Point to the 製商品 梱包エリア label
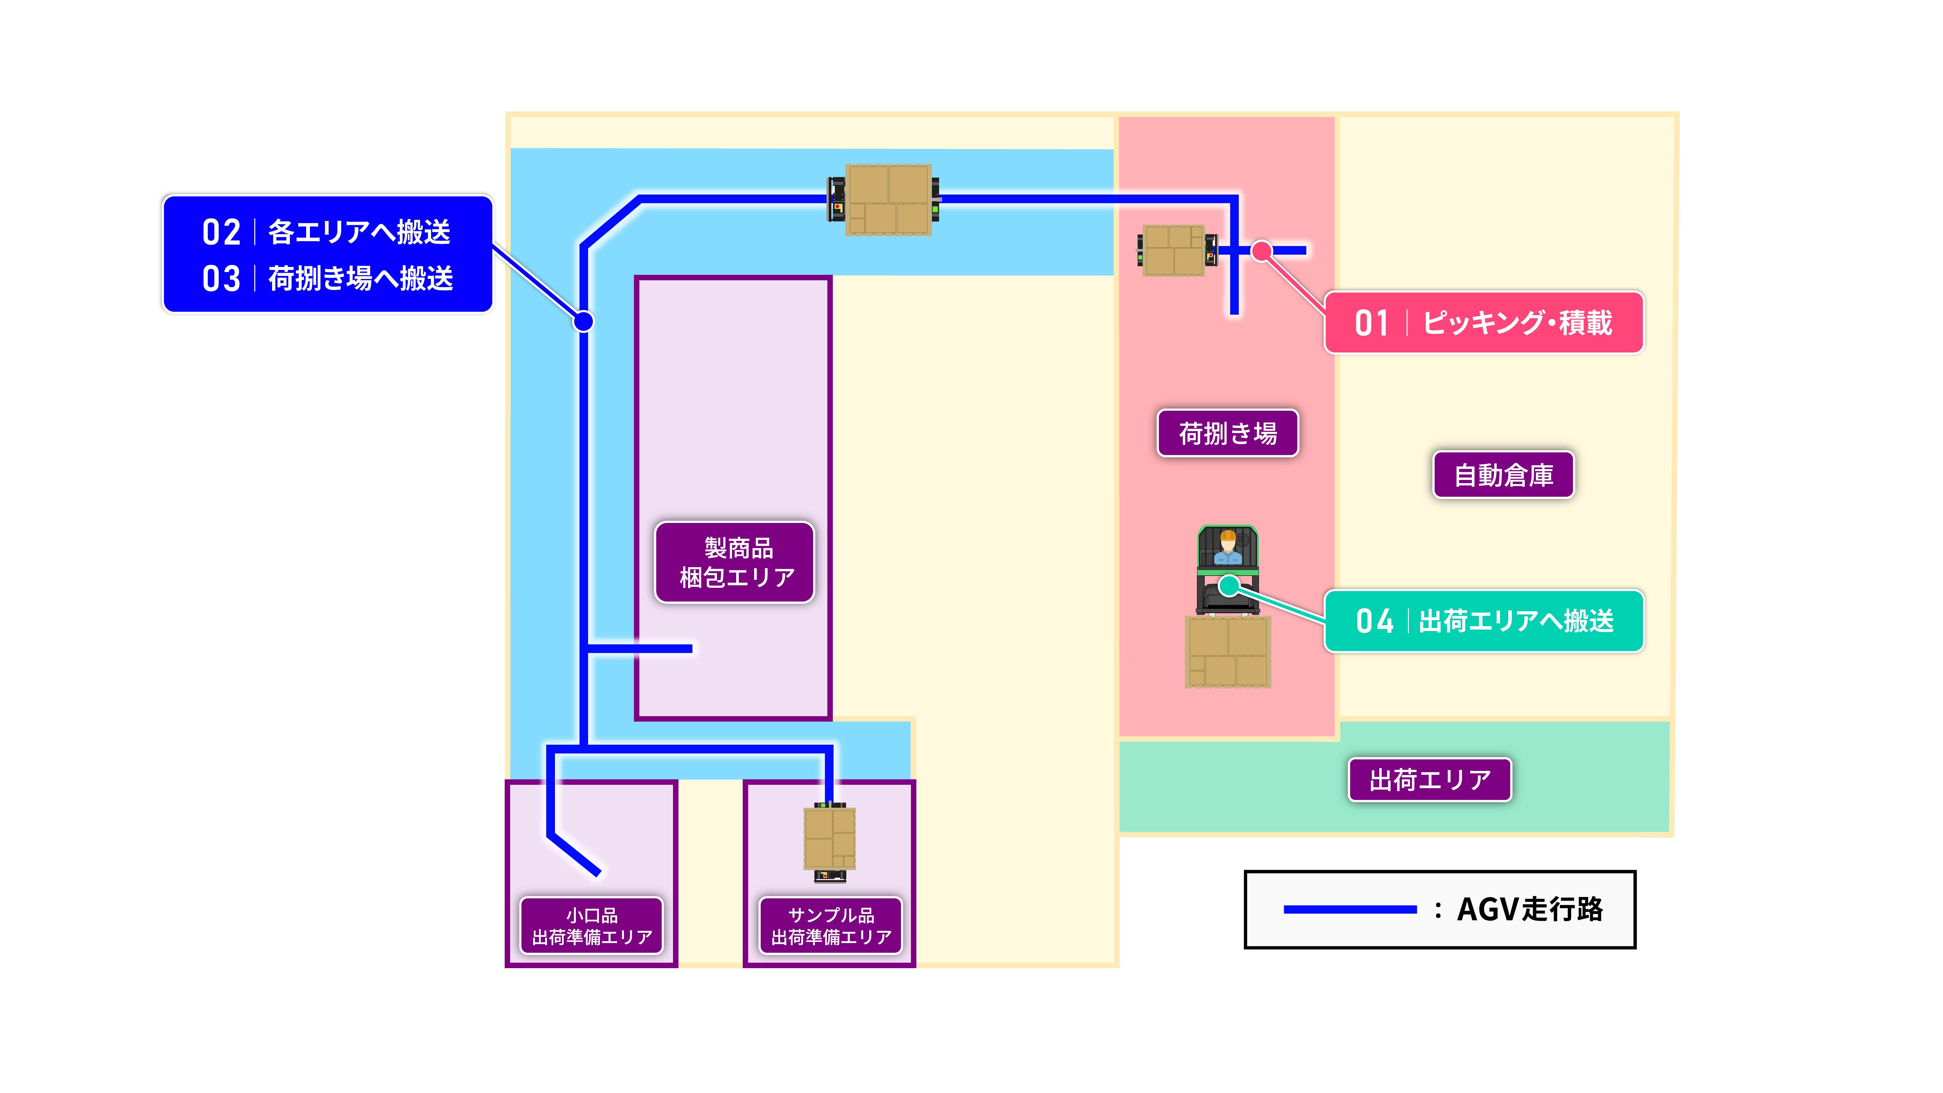tap(735, 562)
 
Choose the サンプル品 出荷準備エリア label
tap(830, 926)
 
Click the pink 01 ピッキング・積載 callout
tap(1484, 322)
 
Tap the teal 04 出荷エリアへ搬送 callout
tap(1484, 621)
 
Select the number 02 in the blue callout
tap(221, 232)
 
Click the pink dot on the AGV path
tap(1261, 250)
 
